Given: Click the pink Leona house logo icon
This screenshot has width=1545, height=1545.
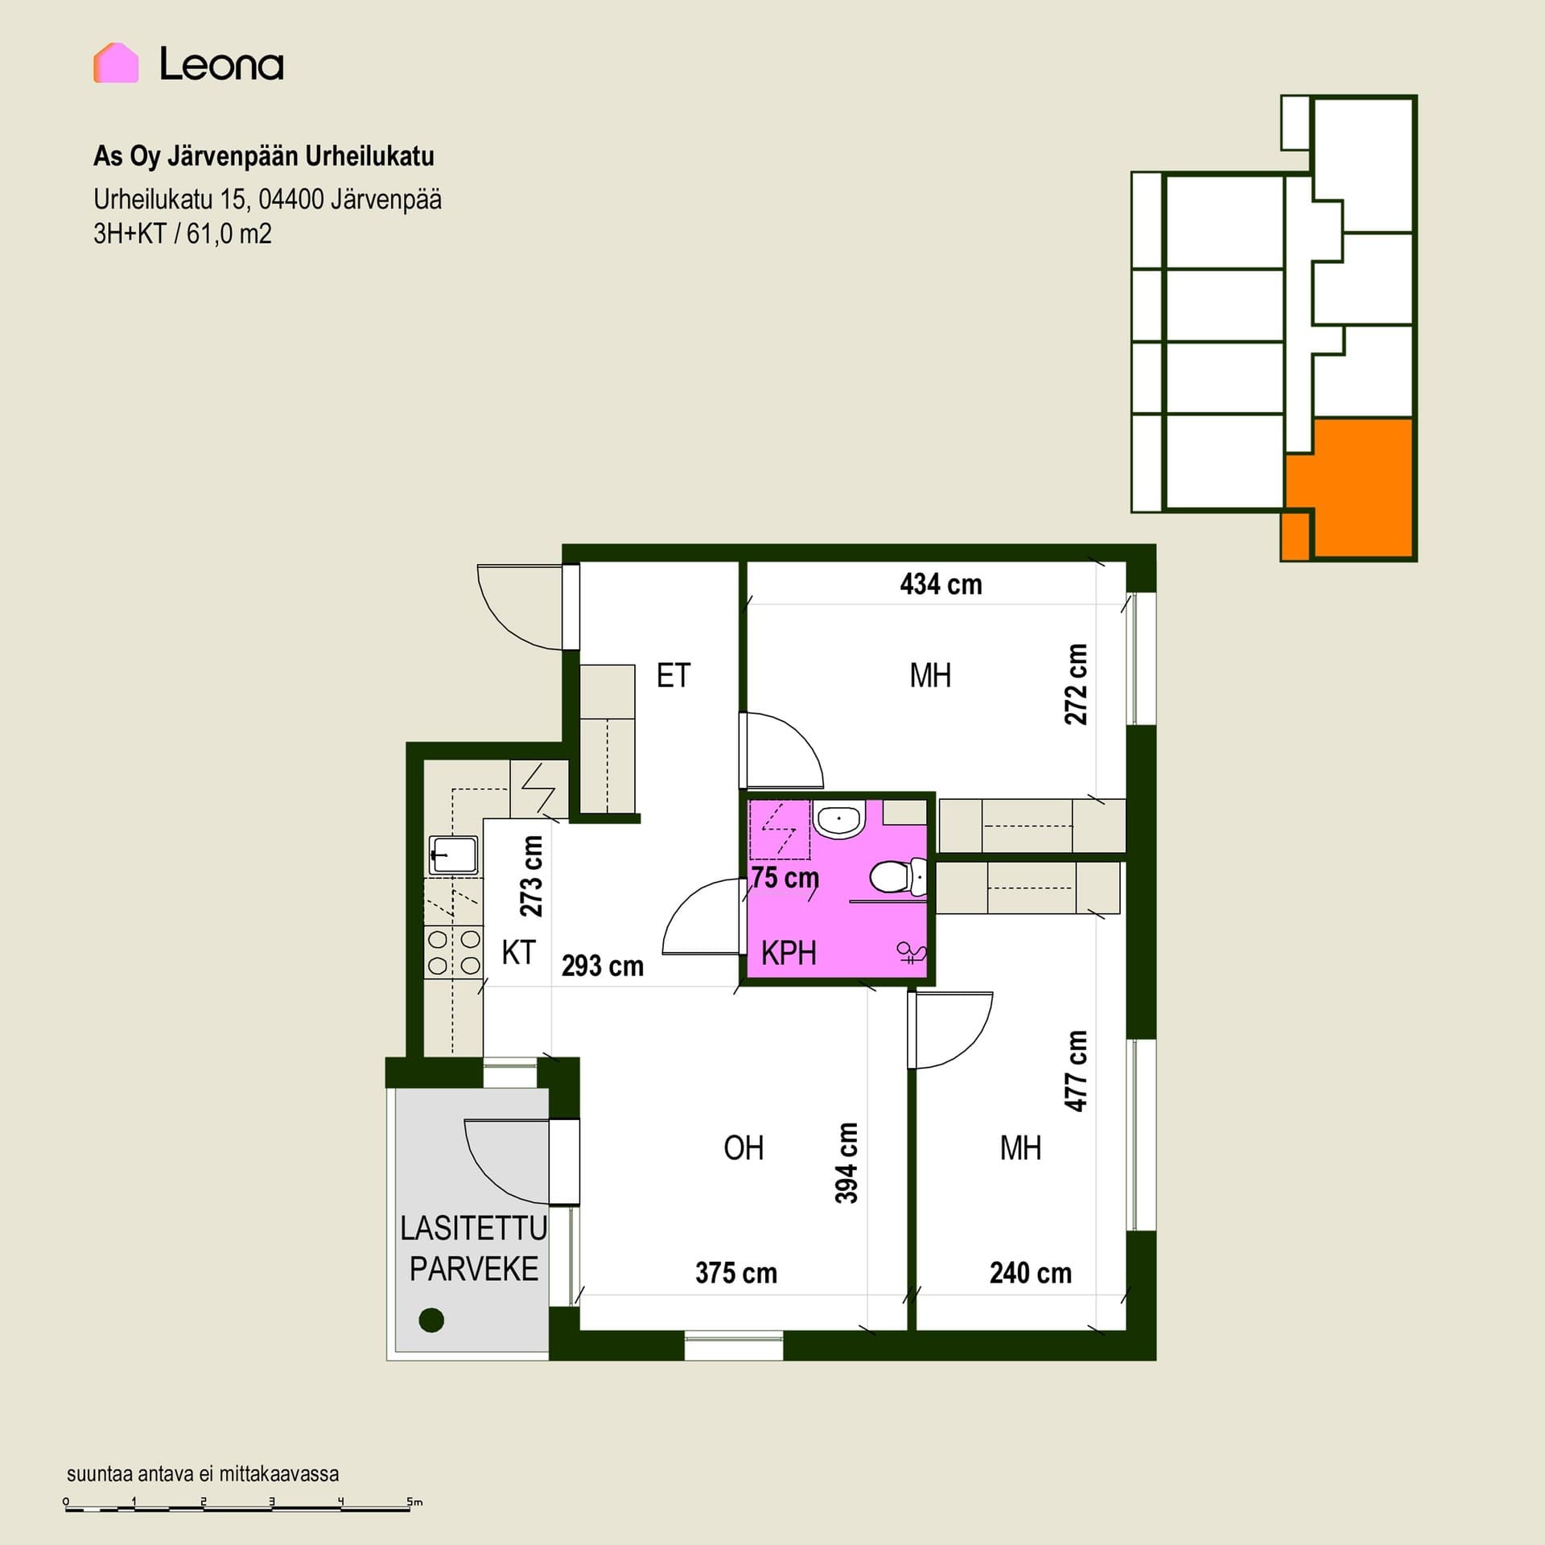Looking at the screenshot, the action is point(116,63).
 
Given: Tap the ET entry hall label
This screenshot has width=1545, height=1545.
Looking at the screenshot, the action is point(674,676).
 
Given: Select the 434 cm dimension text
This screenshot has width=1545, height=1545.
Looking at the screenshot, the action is point(941,584).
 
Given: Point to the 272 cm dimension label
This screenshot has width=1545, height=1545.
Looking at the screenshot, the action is point(1076,684).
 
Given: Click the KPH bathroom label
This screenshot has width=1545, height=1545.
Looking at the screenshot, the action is point(789,954).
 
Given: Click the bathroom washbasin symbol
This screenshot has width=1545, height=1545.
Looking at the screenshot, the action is point(839,819).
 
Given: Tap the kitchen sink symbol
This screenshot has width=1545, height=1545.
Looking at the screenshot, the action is point(453,855).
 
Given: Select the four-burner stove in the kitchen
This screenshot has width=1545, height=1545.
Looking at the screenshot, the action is point(454,952).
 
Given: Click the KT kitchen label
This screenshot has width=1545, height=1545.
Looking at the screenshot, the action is point(518,953).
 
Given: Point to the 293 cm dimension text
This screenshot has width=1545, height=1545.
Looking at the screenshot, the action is point(603,966).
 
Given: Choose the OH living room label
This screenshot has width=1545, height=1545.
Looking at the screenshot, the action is point(744,1148).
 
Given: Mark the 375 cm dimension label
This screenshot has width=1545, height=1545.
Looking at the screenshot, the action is point(736,1273).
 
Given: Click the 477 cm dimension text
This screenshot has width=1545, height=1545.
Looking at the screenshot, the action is point(1076,1070).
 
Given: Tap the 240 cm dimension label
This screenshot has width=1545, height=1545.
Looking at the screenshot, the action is point(1031,1273).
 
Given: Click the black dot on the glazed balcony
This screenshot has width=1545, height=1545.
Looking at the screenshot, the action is point(432,1320).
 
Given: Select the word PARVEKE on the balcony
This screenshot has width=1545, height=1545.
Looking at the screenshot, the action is point(474,1269).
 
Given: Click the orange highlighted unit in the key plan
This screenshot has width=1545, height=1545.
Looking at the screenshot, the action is point(1360,488).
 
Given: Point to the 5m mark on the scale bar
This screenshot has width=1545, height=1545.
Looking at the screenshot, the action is point(414,1502).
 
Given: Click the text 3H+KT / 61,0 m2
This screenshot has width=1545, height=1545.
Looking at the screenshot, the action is point(183,234).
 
